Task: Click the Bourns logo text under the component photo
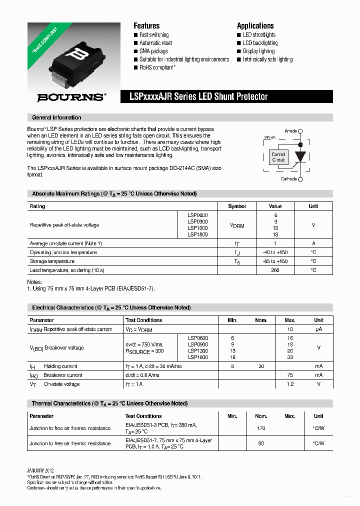(x=72, y=97)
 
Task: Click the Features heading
(x=146, y=25)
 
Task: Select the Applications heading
(x=255, y=25)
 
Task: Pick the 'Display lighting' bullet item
(x=258, y=51)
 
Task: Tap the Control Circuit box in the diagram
(x=278, y=157)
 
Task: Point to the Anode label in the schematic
(x=290, y=131)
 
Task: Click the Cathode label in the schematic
(x=288, y=179)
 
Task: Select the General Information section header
(x=56, y=117)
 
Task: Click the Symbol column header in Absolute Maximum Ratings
(x=236, y=206)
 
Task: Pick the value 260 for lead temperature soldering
(x=275, y=270)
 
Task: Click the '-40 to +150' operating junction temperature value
(x=275, y=252)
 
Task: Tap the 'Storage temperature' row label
(x=52, y=261)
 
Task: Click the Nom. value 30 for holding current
(x=261, y=366)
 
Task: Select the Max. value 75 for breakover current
(x=290, y=375)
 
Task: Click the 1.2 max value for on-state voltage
(x=290, y=384)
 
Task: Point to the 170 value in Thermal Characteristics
(x=261, y=428)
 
